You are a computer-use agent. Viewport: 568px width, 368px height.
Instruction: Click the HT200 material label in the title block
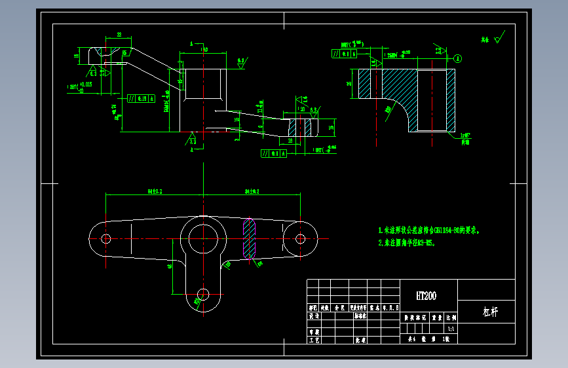[426, 296]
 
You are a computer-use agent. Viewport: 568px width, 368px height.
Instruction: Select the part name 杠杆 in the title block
[491, 312]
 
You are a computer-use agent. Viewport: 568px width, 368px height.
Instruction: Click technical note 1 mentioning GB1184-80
[433, 230]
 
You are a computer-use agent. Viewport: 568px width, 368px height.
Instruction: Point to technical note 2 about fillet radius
[406, 242]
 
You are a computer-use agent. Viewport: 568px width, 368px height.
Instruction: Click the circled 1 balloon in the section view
[458, 58]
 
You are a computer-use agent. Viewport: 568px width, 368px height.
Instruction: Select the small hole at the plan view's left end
[106, 238]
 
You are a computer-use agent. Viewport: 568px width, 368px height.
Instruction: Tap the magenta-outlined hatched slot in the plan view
[250, 238]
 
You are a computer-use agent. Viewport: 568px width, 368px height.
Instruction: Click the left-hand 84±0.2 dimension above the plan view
[155, 191]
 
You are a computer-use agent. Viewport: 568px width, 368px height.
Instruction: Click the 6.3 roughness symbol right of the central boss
[241, 62]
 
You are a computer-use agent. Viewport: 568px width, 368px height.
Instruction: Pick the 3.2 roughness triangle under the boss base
[193, 139]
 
